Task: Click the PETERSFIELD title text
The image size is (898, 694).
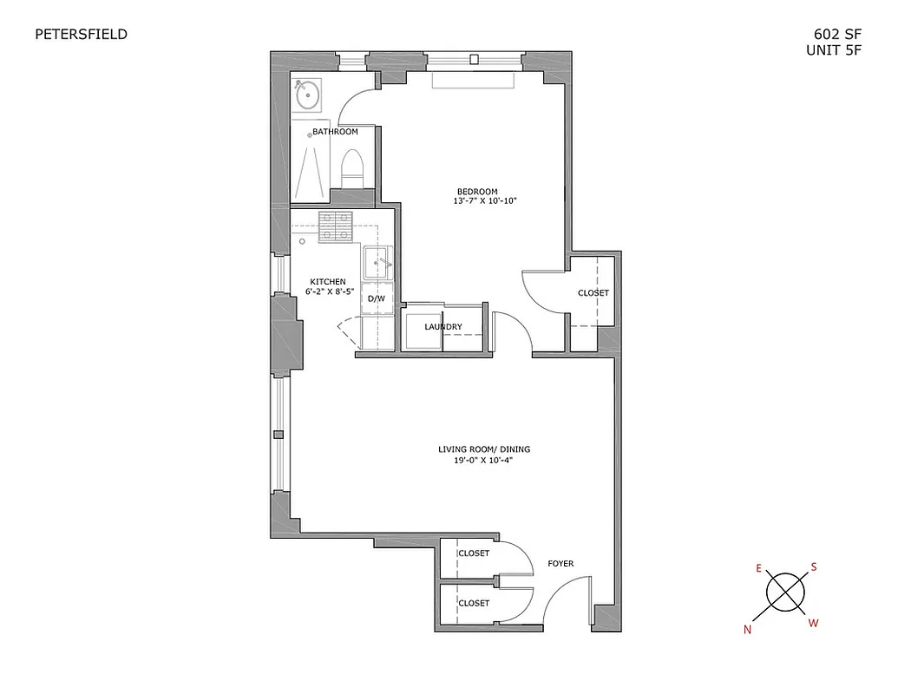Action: coord(81,35)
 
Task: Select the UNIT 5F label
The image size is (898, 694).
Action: coord(834,50)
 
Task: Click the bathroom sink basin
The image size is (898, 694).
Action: coord(306,95)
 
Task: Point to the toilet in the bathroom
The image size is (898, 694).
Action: coord(351,167)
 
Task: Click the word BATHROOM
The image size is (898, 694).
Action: coord(335,132)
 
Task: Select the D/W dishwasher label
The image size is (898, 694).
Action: coord(377,299)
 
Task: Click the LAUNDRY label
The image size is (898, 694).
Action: coord(442,327)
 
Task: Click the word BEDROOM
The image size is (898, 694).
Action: coord(478,192)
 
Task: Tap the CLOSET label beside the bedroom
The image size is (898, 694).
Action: coord(593,293)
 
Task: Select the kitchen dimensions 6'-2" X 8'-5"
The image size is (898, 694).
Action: coord(330,292)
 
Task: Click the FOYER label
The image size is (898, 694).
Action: coord(560,564)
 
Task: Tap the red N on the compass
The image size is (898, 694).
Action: coord(747,631)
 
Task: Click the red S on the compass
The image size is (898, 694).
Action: coord(814,567)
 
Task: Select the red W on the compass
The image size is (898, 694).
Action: coord(813,622)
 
